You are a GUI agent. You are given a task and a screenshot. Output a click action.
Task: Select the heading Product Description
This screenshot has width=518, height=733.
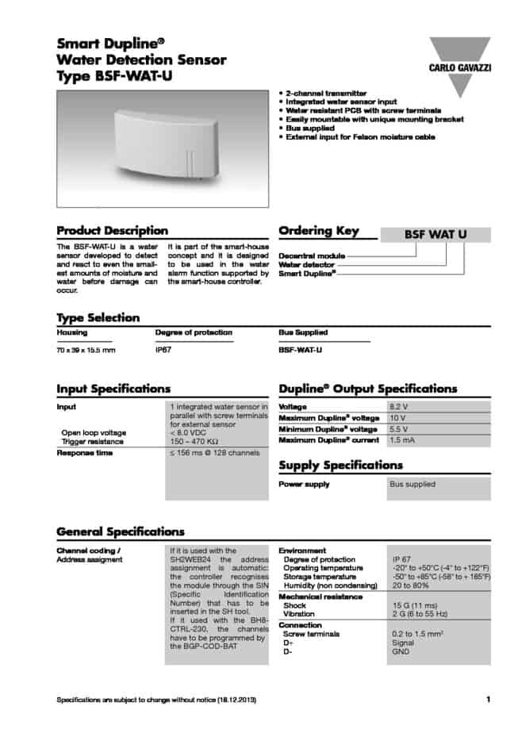coord(112,231)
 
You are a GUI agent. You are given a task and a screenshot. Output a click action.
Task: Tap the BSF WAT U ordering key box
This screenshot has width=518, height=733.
coord(436,235)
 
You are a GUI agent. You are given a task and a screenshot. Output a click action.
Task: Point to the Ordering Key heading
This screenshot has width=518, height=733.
coord(319,231)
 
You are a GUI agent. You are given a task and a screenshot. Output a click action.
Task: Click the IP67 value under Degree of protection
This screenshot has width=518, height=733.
coord(164,349)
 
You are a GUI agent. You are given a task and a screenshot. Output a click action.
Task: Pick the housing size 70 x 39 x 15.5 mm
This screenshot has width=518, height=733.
coord(86,349)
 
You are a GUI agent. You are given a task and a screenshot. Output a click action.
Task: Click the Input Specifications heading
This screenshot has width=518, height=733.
coord(113,389)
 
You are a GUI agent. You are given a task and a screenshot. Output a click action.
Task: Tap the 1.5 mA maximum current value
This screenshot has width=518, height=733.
coord(402,439)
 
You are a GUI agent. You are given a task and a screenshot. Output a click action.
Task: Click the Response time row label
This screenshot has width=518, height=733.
coord(84,453)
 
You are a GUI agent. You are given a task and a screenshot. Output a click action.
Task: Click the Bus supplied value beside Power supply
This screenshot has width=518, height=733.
coord(412,484)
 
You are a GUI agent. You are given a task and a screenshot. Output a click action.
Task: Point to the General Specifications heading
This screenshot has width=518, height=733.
coord(121,532)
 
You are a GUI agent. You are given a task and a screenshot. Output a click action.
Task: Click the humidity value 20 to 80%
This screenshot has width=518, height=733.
coord(411,586)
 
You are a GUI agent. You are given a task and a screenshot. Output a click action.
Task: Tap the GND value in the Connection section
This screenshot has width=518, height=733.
coord(401,651)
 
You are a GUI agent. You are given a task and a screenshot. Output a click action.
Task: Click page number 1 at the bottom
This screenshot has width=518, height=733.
coord(488,699)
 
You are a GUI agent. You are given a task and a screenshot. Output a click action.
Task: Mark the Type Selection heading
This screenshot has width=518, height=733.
coord(98,317)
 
